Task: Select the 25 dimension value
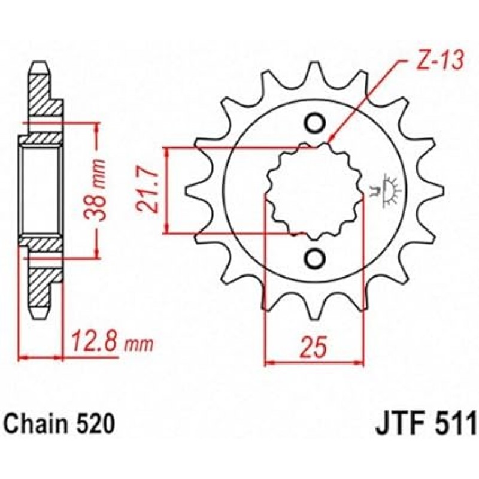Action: [314, 347]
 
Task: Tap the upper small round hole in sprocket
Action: [314, 123]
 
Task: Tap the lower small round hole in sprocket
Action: [314, 257]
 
